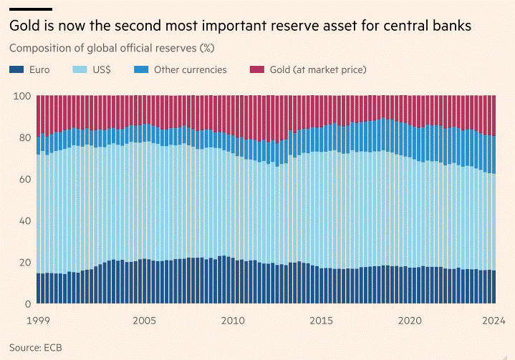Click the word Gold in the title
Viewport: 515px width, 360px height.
pos(24,26)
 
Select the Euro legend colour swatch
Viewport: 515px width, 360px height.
pos(16,69)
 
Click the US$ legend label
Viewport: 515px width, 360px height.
pos(102,69)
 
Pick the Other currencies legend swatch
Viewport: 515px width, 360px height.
pos(141,69)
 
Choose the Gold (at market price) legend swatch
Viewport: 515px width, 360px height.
pos(257,69)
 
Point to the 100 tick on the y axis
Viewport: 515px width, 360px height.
pos(22,96)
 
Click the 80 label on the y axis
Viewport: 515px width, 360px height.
pos(24,137)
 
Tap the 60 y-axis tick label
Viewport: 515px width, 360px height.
pos(24,179)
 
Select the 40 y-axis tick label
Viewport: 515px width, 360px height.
pos(24,221)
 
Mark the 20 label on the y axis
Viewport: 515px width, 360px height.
pos(24,263)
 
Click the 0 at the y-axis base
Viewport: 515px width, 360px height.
pos(28,304)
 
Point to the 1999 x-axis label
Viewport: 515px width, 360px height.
pos(38,321)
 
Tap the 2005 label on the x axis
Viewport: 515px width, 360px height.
pos(144,321)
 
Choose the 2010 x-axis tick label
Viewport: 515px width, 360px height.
pos(233,321)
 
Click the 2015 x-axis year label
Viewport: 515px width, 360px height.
pos(321,321)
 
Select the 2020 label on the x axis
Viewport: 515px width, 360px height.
pos(410,321)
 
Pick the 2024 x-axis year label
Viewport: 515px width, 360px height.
pos(494,321)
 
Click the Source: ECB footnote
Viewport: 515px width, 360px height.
pos(36,348)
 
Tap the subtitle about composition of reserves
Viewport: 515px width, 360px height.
pos(112,48)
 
